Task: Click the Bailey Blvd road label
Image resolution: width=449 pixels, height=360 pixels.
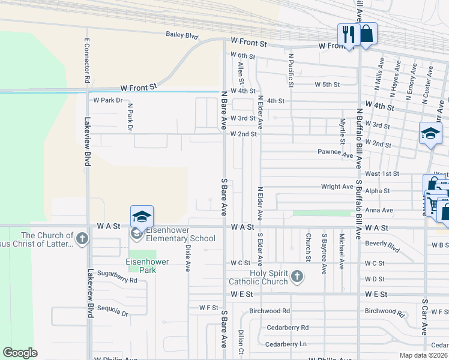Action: coord(182,36)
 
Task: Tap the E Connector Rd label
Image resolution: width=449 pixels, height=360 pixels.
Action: coord(87,59)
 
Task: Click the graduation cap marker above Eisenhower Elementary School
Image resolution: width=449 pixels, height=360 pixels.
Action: coord(142,216)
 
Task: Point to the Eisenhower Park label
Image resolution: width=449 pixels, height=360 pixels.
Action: coord(140,266)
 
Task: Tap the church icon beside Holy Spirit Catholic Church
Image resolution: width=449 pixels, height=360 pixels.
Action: coord(297,277)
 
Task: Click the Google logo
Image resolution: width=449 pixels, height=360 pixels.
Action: coord(20,353)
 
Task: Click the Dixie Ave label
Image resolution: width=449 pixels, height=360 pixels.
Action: coord(188,257)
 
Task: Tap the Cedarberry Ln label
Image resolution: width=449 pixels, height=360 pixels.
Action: coord(286,344)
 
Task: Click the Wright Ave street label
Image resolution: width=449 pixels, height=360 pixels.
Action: coord(337,187)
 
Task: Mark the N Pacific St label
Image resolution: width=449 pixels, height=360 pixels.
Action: coord(291,70)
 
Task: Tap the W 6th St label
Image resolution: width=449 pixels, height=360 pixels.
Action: coord(243,56)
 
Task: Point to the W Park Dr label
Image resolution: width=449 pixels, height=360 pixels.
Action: coord(107,100)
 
